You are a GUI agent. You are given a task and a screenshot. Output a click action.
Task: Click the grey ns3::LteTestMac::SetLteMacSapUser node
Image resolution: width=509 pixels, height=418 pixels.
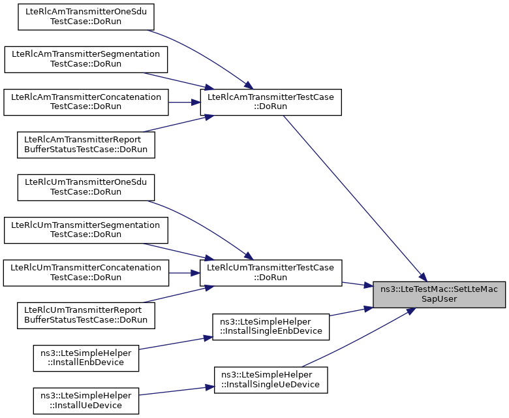tap(439, 294)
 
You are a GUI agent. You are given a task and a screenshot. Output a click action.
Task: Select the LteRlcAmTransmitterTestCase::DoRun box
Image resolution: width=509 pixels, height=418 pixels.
tap(270, 103)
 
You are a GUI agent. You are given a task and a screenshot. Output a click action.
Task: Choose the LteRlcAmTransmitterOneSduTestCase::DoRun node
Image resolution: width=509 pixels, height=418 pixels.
tap(85, 17)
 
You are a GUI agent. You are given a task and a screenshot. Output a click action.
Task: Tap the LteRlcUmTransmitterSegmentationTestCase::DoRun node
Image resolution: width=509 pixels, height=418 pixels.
tap(85, 231)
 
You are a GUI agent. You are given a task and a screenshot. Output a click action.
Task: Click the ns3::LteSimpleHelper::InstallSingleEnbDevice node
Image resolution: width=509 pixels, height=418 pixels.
tap(270, 327)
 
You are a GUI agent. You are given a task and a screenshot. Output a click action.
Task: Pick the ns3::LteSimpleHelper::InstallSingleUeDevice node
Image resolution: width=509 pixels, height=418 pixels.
tap(270, 379)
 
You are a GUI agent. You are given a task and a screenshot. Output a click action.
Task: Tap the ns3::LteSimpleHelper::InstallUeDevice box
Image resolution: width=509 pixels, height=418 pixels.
tap(85, 401)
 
